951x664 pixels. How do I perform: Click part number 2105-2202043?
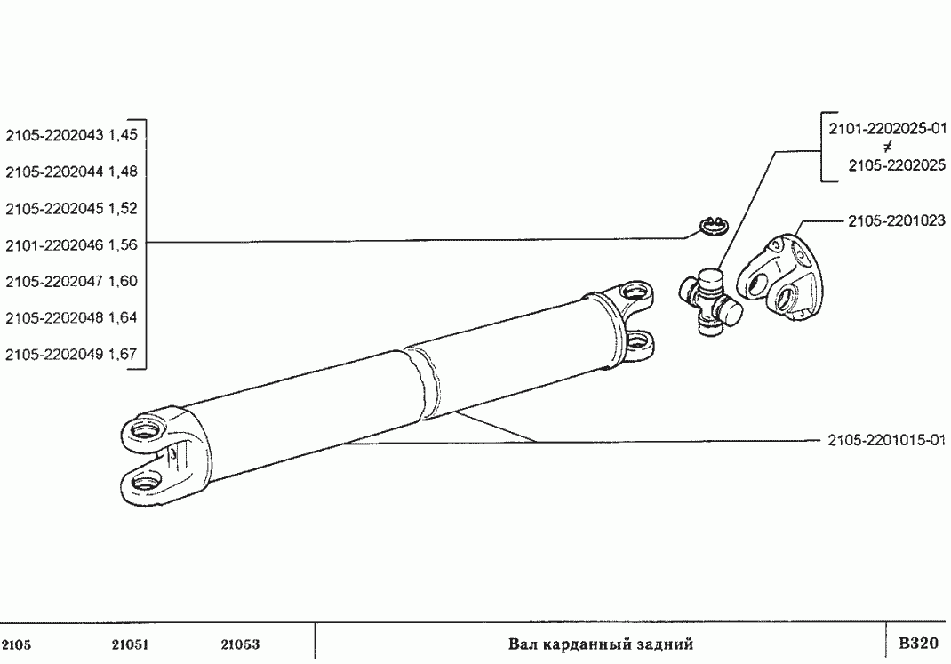[54, 134]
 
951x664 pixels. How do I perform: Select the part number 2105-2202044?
[54, 172]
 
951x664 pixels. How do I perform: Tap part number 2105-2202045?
[54, 208]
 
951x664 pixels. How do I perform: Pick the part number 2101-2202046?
[54, 245]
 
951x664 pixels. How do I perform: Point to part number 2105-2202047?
[54, 282]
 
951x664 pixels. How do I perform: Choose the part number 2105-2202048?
[54, 317]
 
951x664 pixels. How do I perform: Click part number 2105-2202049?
[54, 354]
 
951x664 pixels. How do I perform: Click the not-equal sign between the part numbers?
[888, 147]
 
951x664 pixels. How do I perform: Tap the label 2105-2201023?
[897, 220]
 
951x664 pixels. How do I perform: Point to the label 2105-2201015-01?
[887, 441]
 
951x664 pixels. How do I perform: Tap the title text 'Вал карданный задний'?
[601, 644]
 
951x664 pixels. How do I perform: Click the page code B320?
[918, 643]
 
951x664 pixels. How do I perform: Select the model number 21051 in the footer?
[130, 644]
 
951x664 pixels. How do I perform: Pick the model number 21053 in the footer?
[240, 644]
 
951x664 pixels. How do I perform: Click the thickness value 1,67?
[123, 354]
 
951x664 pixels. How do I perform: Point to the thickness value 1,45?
[123, 134]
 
